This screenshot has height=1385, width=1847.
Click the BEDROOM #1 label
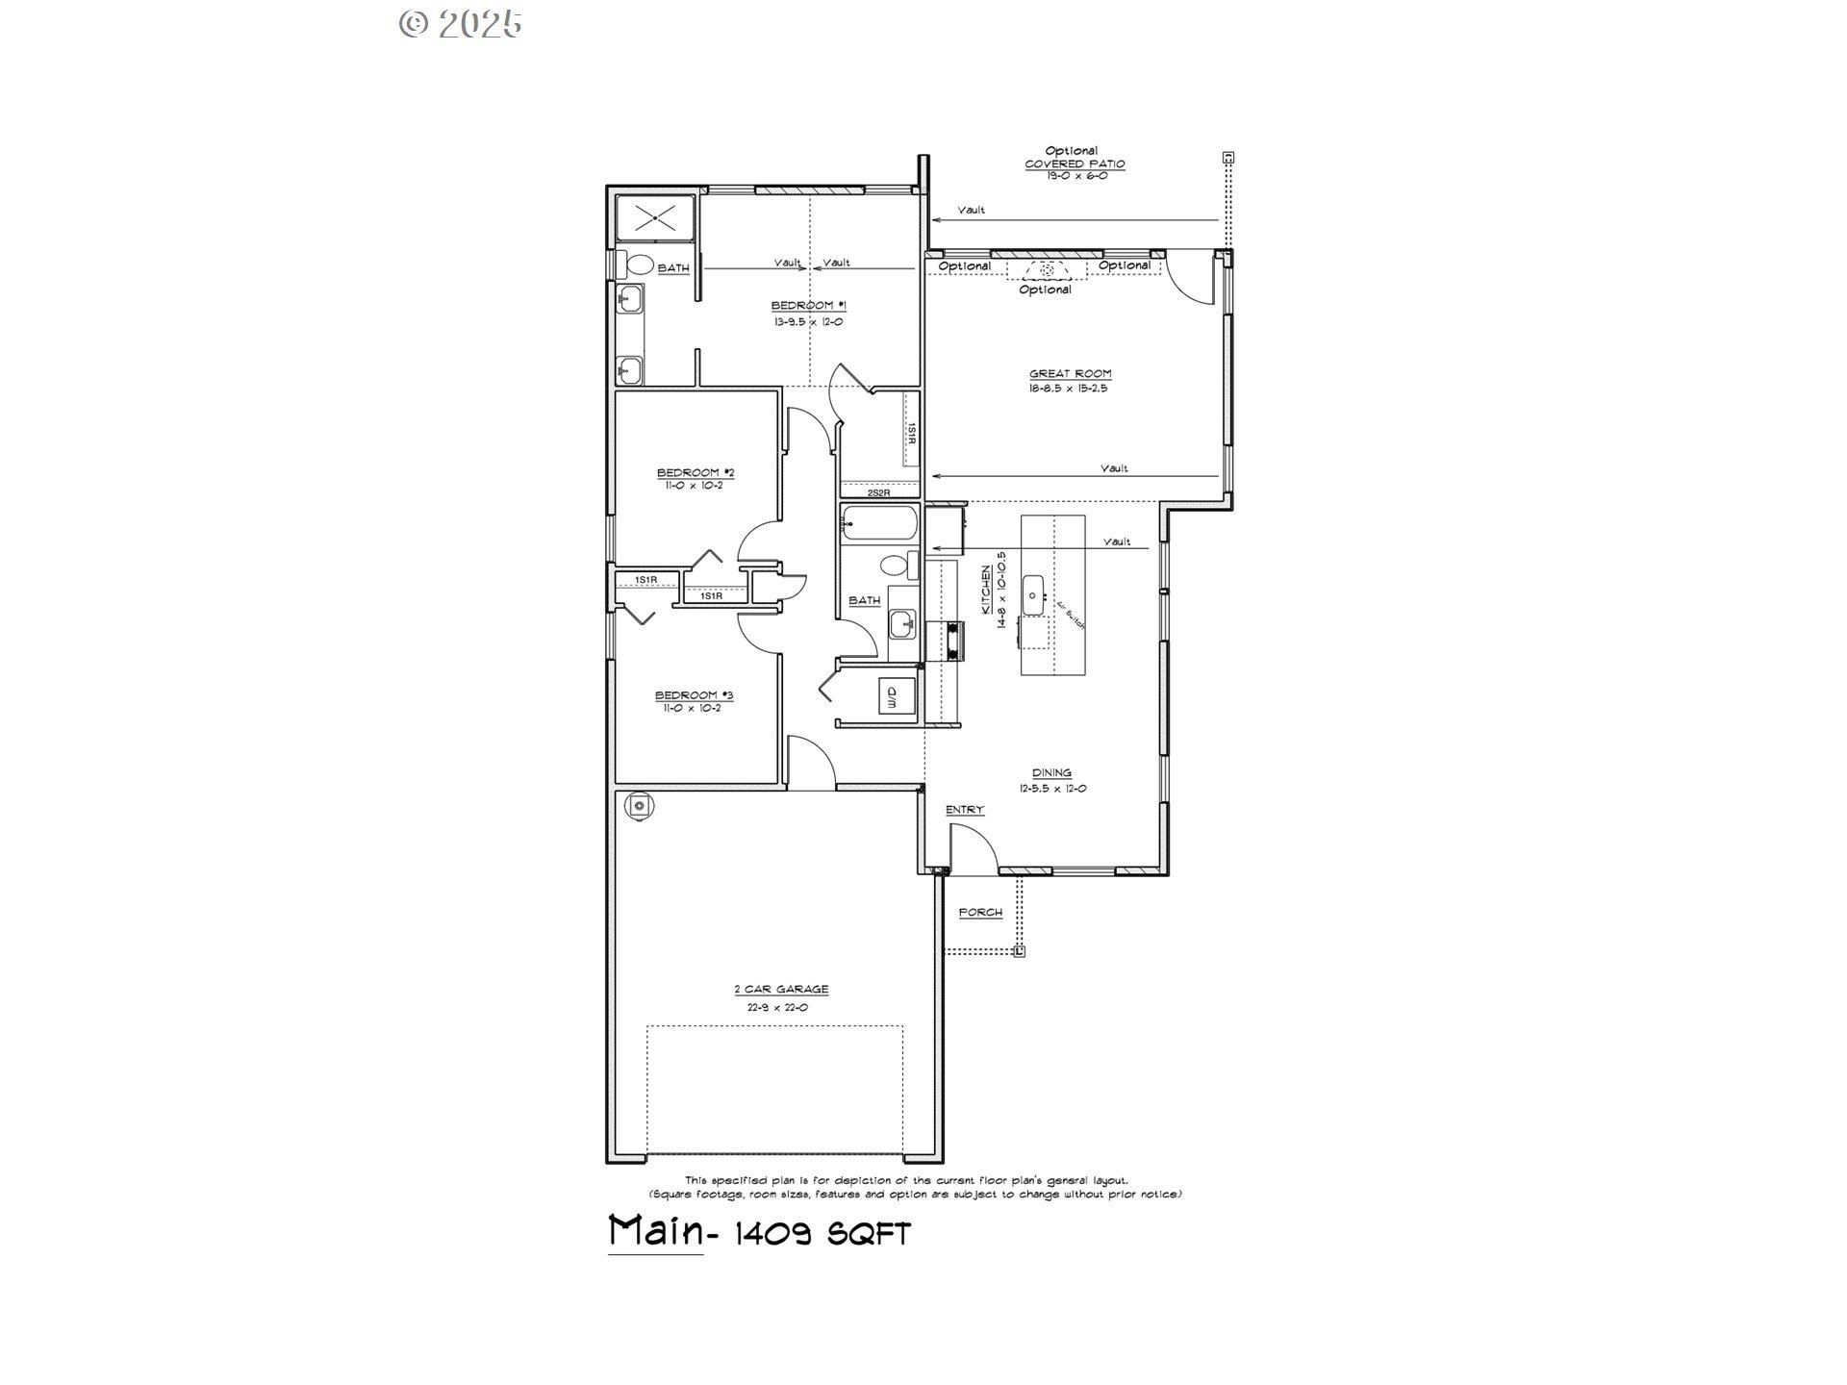808,306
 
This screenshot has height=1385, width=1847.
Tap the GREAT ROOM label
1070,374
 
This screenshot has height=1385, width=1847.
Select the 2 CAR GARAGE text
780,990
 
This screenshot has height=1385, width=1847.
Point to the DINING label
1051,773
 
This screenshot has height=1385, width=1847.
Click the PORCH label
980,913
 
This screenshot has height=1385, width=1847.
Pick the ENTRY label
964,810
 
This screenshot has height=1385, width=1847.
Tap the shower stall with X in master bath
654,218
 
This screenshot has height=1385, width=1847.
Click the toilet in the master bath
639,264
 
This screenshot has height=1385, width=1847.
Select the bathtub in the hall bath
877,525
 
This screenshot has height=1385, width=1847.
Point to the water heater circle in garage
640,806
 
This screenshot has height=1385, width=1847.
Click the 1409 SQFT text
822,1234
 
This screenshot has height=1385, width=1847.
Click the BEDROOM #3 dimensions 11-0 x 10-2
692,709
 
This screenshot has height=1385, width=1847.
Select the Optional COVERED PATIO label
1074,164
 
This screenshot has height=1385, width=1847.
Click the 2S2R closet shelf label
878,492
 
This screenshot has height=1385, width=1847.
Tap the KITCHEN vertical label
986,590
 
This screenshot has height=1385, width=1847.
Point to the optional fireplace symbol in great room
1046,270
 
